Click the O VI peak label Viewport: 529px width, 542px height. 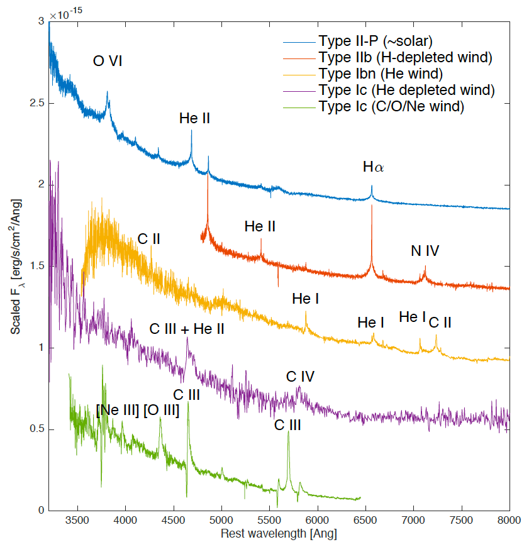(108, 61)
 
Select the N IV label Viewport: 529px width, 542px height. (425, 251)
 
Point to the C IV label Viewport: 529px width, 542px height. (300, 377)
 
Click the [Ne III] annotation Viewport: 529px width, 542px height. (118, 411)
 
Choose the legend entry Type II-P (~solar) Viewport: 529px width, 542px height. (375, 42)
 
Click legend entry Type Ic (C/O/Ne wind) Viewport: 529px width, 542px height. (392, 107)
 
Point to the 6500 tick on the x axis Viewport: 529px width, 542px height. (365, 521)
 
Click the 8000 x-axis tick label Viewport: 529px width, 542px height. (509, 521)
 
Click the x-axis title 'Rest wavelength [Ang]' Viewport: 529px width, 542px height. (279, 534)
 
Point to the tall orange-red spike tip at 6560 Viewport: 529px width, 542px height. (372, 206)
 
